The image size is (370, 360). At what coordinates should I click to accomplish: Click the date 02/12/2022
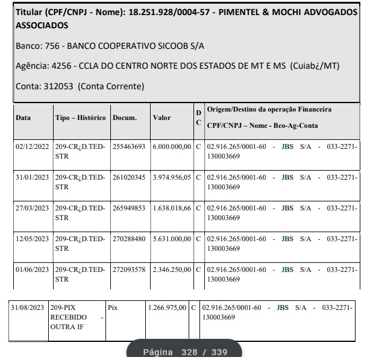click(x=31, y=147)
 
